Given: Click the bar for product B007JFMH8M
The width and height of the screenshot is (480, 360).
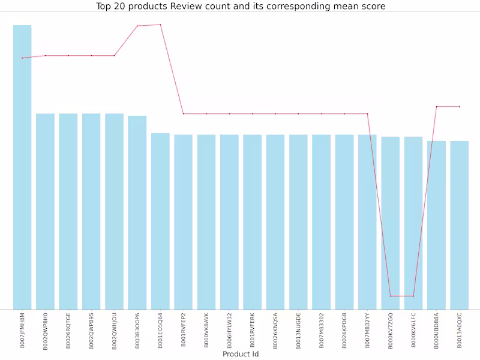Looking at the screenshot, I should [x=22, y=167].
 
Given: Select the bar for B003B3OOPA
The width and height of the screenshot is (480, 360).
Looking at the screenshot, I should [x=137, y=212].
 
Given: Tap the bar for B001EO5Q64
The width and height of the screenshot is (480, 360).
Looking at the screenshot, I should [x=160, y=221].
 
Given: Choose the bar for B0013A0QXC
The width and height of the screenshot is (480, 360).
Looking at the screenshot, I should [x=459, y=225].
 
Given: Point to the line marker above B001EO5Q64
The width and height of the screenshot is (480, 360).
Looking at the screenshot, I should [x=160, y=25].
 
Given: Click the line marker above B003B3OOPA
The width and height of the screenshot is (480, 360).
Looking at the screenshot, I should [x=137, y=26].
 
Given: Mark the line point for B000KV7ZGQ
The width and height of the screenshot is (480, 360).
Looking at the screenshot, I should [x=390, y=296].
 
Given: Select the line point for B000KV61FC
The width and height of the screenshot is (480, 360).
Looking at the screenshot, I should [x=413, y=296].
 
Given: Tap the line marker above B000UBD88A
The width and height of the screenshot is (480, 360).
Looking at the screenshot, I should [x=436, y=107].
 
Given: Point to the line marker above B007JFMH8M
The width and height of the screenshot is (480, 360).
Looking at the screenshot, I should [x=22, y=58].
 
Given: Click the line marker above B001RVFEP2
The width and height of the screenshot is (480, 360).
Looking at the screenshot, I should [x=183, y=113].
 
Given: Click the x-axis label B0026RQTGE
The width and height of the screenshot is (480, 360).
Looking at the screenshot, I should [x=68, y=331].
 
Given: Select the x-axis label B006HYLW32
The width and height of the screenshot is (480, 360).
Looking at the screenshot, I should [x=229, y=331].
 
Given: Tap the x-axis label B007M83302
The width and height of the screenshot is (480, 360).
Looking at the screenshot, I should [x=321, y=331].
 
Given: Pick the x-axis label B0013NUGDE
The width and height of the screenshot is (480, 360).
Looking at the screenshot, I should [x=298, y=331].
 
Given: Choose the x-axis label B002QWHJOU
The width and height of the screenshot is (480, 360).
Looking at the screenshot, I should [x=115, y=331].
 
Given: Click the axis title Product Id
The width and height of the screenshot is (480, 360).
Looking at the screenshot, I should [x=241, y=354].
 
